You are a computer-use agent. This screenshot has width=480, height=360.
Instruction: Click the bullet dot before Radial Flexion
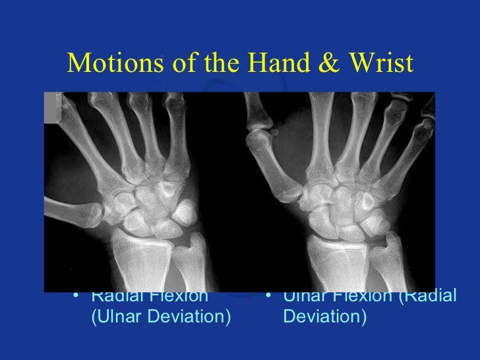click(x=79, y=296)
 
